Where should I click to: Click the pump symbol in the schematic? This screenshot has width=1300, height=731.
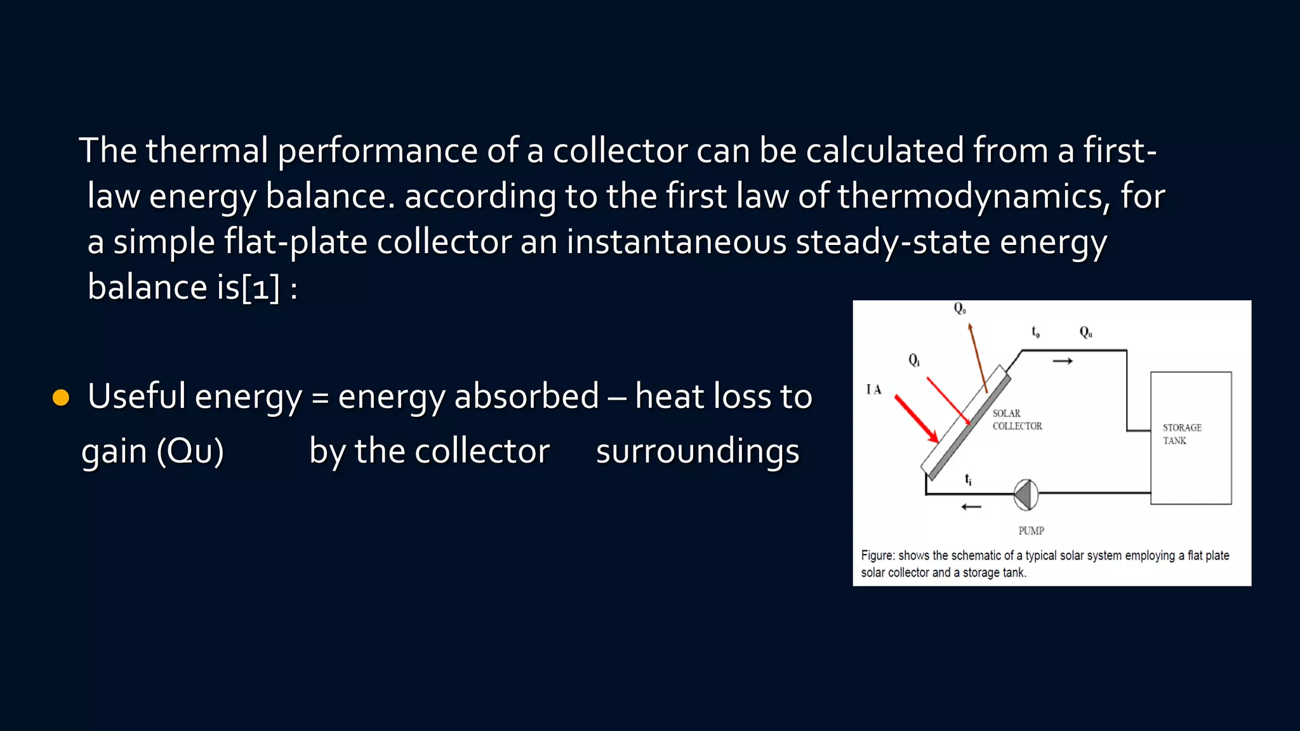pyautogui.click(x=1026, y=495)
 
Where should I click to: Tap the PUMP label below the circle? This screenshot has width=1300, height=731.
pyautogui.click(x=1031, y=530)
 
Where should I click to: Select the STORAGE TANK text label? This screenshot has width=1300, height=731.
pyautogui.click(x=1182, y=434)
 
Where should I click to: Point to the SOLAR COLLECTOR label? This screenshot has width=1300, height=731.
pyautogui.click(x=1017, y=420)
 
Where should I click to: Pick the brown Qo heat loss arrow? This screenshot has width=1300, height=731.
pyautogui.click(x=978, y=358)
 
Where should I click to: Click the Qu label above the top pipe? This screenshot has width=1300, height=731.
pyautogui.click(x=1086, y=332)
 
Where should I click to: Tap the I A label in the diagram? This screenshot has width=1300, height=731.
pyautogui.click(x=874, y=390)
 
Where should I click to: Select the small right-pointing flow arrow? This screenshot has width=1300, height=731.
pyautogui.click(x=1063, y=361)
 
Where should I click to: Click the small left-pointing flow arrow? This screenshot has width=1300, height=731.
pyautogui.click(x=971, y=506)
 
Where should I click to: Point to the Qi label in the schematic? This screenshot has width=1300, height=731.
pyautogui.click(x=914, y=360)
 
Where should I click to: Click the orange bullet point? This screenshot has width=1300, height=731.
pyautogui.click(x=61, y=398)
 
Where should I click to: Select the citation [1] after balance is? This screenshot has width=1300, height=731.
pyautogui.click(x=260, y=287)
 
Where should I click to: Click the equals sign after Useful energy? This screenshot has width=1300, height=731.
pyautogui.click(x=321, y=398)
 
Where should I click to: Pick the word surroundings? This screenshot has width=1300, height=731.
pyautogui.click(x=698, y=452)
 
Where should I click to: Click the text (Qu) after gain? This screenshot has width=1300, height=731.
pyautogui.click(x=190, y=452)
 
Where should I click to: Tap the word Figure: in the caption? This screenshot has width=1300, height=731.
pyautogui.click(x=878, y=556)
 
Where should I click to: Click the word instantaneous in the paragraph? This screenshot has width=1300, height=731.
pyautogui.click(x=677, y=242)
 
